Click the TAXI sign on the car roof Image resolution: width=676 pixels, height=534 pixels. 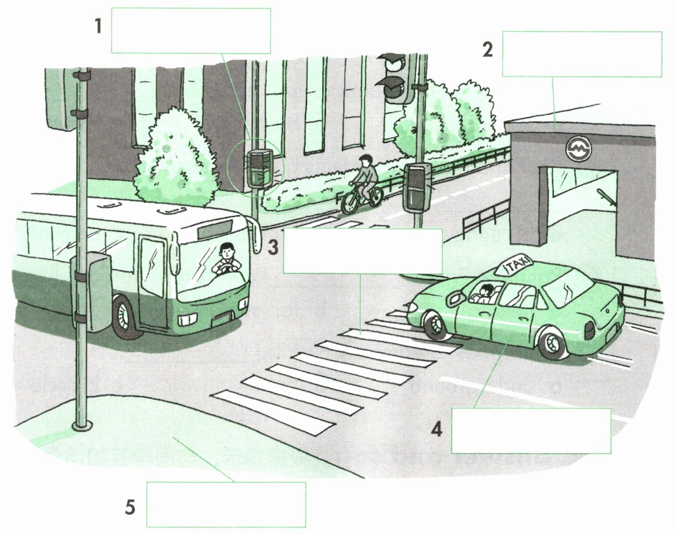[x=514, y=264]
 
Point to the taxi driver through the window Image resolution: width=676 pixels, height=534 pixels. [x=484, y=293]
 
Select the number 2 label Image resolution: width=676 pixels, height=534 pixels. [x=488, y=50]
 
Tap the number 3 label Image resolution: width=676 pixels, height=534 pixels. [x=273, y=247]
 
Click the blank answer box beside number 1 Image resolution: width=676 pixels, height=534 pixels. [x=191, y=31]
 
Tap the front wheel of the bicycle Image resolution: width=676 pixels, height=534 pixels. [x=350, y=203]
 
